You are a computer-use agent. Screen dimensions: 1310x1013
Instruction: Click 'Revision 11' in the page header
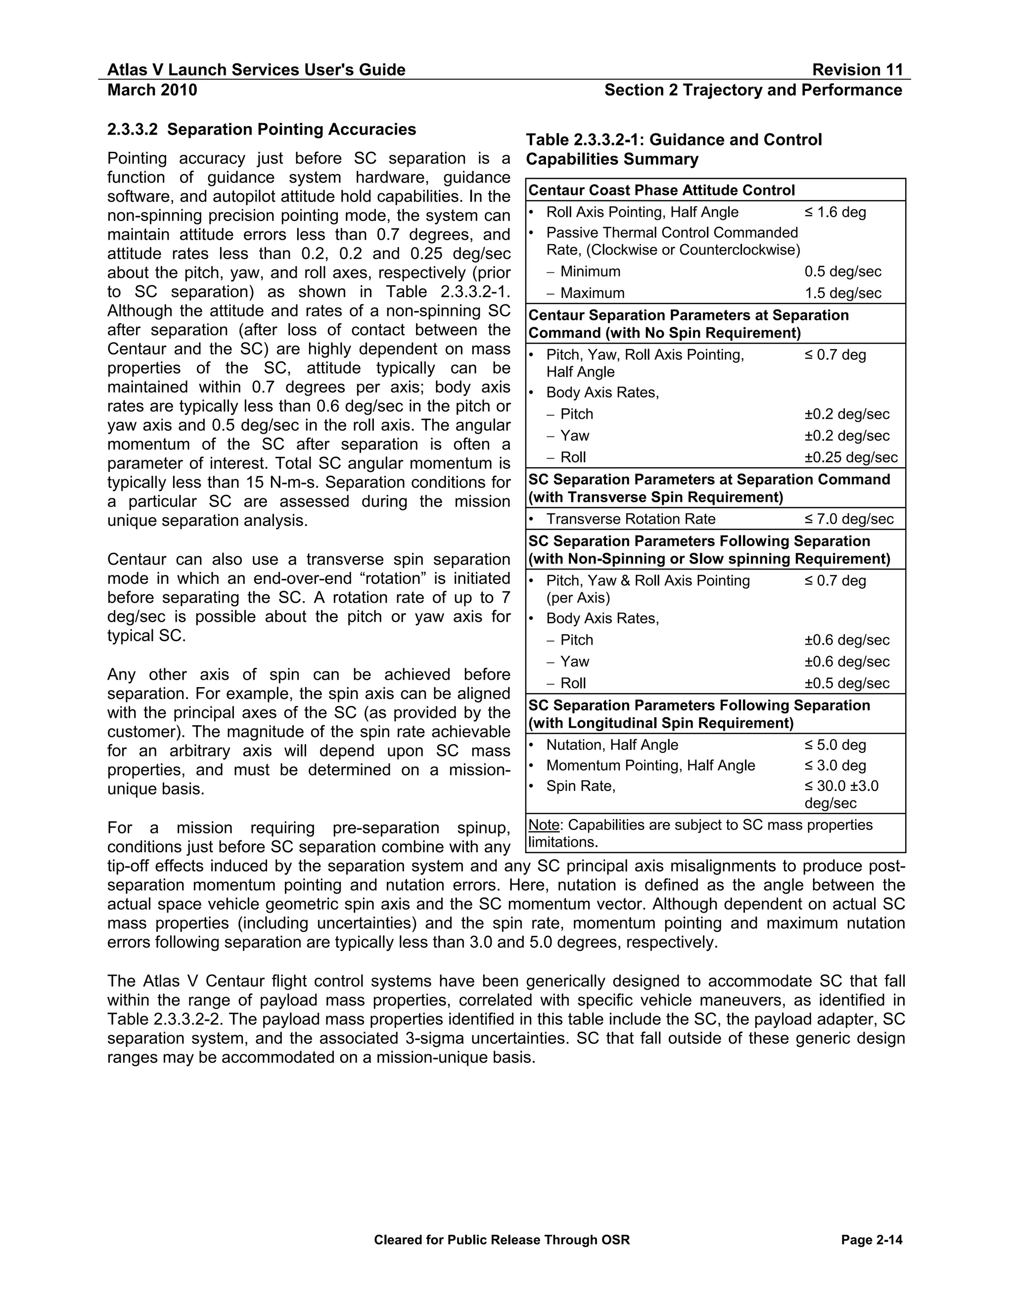click(x=857, y=70)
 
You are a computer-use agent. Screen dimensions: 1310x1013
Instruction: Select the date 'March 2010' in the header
click(x=152, y=90)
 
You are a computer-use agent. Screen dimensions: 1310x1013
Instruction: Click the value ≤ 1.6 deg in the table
click(x=835, y=213)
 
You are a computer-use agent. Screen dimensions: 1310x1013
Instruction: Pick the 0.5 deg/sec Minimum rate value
click(x=842, y=272)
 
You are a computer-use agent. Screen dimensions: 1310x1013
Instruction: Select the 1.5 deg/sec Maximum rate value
click(x=842, y=293)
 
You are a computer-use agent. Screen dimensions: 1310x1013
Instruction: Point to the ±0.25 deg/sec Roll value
click(x=850, y=458)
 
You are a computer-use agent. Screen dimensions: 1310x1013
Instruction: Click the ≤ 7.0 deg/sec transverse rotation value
click(x=849, y=520)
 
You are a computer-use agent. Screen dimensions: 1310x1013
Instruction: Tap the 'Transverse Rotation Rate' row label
click(x=630, y=520)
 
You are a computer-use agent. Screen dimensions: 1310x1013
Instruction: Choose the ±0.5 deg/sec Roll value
click(x=847, y=684)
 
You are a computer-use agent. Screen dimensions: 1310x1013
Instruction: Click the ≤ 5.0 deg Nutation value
click(x=835, y=745)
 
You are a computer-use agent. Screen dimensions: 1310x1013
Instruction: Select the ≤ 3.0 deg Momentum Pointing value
click(x=835, y=765)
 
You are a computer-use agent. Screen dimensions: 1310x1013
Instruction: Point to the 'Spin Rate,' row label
click(x=580, y=786)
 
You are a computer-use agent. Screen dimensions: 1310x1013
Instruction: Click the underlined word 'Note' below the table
click(x=543, y=826)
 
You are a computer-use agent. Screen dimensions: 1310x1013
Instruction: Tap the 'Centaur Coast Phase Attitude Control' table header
click(x=661, y=191)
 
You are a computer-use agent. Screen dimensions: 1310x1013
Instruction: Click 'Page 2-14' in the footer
click(x=872, y=1240)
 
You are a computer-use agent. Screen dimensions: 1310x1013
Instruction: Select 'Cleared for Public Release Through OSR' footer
click(x=502, y=1240)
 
